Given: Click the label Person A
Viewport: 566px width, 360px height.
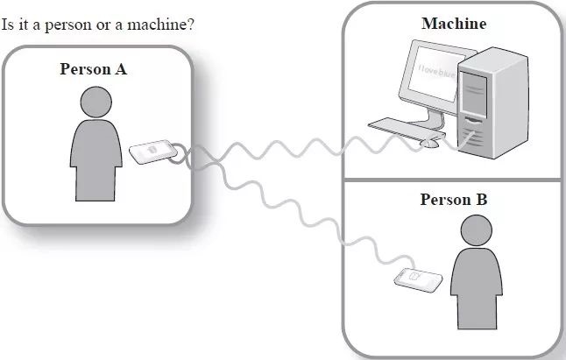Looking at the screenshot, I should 94,69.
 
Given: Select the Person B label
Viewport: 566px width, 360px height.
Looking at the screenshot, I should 453,200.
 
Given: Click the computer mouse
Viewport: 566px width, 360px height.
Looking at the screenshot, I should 429,142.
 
